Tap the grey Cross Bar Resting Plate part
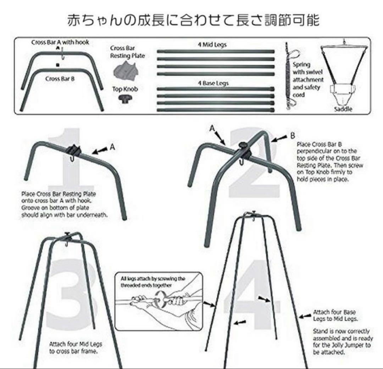click(x=126, y=70)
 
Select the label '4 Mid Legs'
click(x=212, y=45)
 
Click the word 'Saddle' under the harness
click(x=343, y=109)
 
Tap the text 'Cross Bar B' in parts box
click(x=60, y=79)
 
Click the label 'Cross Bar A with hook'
click(x=60, y=42)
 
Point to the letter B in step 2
click(x=293, y=136)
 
